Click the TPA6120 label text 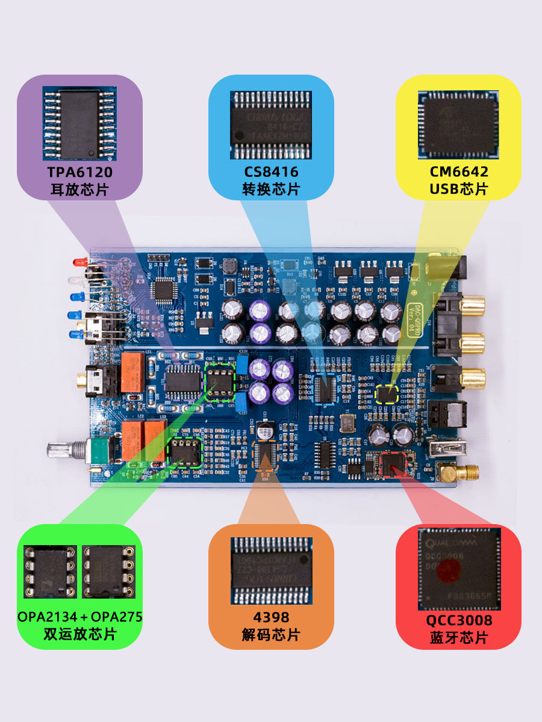80,172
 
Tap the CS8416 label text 271,172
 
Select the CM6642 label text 459,172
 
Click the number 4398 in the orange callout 271,617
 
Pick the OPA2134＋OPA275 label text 80,617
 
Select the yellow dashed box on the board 387,394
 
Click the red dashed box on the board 395,463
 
